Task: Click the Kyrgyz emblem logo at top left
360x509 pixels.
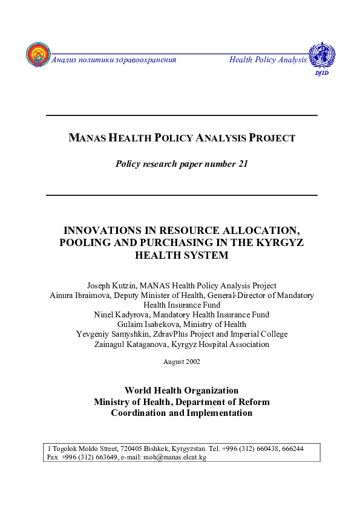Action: [38, 54]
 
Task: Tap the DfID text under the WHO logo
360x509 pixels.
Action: [321, 73]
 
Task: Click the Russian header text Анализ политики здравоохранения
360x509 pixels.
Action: [114, 60]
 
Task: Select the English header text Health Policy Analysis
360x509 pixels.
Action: [268, 60]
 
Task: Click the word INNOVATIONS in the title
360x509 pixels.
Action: [101, 231]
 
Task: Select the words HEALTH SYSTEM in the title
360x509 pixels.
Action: [182, 255]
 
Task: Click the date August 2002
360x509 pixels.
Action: [182, 361]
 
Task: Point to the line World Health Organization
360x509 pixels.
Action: [182, 391]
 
